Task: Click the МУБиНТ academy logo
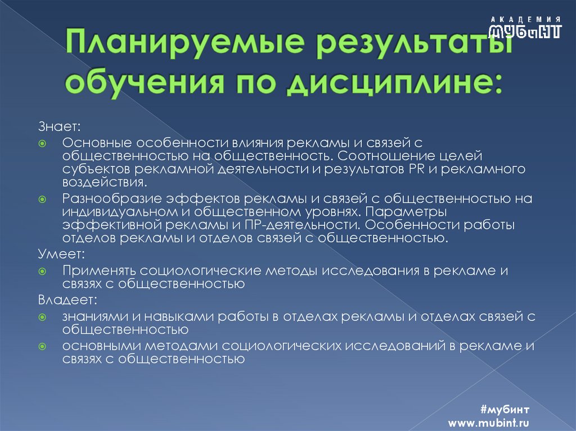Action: coord(525,27)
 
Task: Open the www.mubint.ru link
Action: coord(488,422)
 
